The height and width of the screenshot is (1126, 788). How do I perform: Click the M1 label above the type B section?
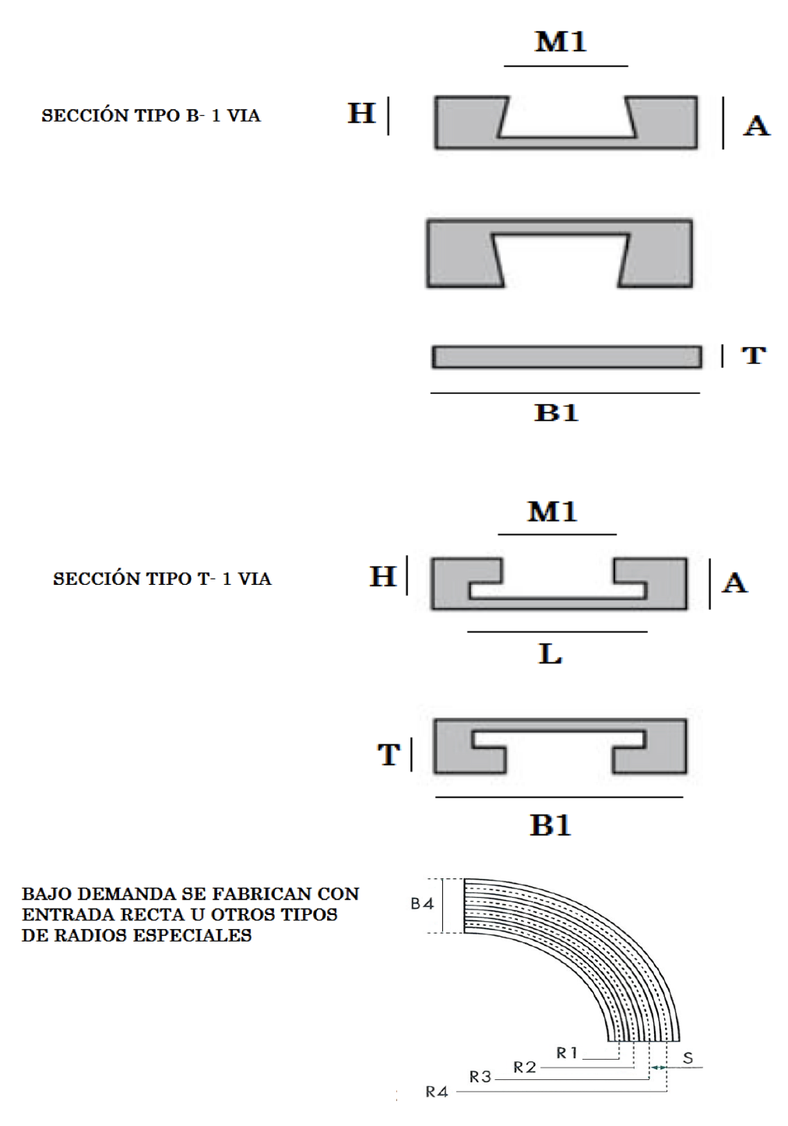(x=561, y=42)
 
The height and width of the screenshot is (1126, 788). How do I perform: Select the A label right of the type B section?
(x=757, y=125)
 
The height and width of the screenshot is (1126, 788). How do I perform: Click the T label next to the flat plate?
(x=754, y=355)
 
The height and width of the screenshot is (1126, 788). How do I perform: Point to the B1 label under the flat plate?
(x=556, y=413)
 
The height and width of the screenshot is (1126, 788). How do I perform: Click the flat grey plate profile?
(x=567, y=357)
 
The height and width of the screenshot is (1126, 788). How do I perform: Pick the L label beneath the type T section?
(x=551, y=654)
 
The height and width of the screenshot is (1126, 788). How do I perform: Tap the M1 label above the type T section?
(x=552, y=512)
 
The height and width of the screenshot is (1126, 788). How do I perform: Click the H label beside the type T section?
(x=383, y=576)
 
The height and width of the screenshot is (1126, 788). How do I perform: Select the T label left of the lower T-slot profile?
(x=389, y=755)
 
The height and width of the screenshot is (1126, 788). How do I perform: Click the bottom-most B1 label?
(x=551, y=825)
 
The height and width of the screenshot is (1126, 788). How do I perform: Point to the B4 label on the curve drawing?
(x=422, y=904)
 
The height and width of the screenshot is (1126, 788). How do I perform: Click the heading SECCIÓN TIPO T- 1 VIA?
(x=162, y=579)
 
